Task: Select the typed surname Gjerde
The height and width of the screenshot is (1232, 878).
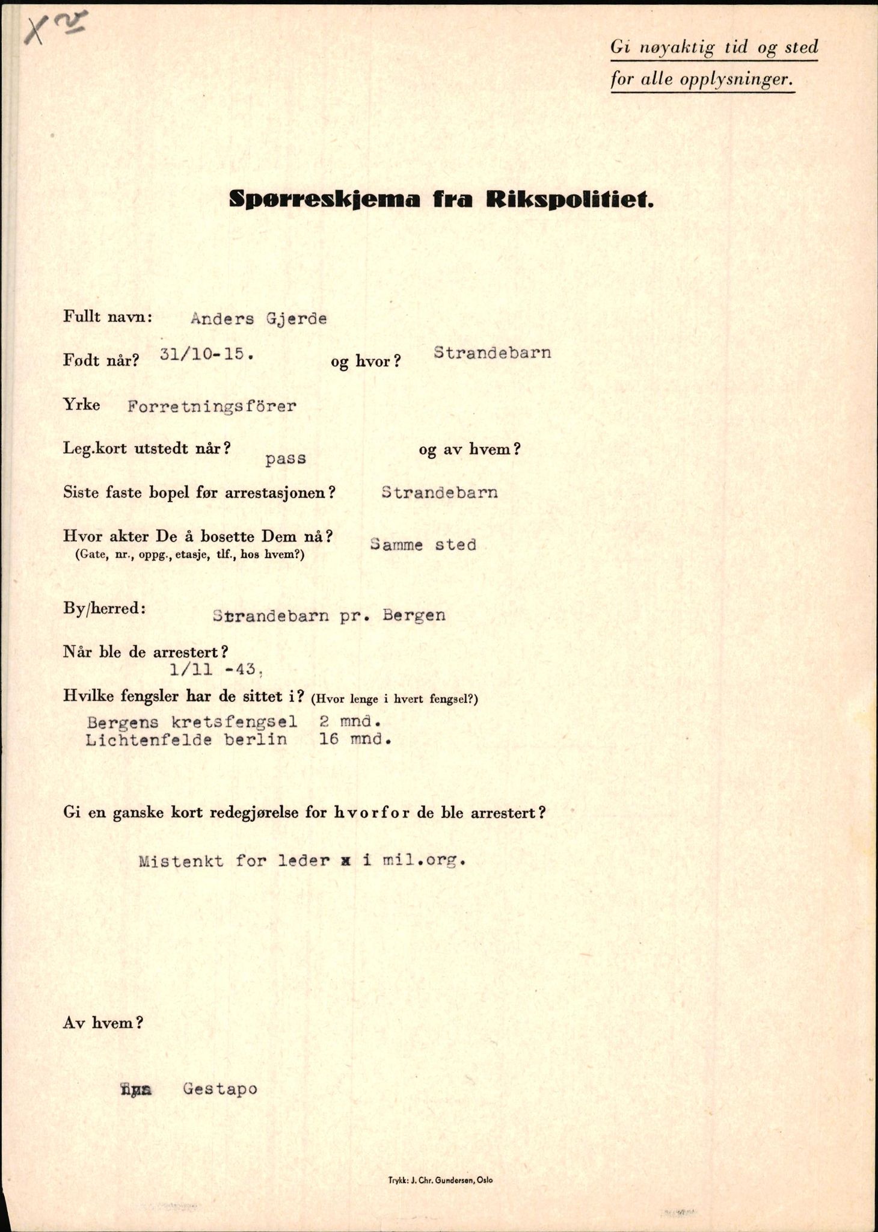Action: [296, 319]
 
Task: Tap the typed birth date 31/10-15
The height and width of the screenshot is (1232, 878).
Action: [206, 354]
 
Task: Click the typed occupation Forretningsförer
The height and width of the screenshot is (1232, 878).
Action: [212, 407]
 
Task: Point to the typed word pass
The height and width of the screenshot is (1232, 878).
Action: [286, 459]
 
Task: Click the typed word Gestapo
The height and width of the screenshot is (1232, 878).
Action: [220, 1089]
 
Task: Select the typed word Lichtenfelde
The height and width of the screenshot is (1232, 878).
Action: [149, 739]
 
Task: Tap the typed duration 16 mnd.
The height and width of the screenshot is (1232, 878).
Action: [355, 739]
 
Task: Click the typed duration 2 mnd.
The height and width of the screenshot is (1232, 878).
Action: [350, 722]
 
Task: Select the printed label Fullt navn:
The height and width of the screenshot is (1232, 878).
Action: [108, 316]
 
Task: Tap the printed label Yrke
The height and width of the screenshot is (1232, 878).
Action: [81, 404]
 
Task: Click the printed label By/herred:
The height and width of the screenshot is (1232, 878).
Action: [104, 608]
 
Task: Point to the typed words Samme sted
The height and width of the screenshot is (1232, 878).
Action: [423, 545]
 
